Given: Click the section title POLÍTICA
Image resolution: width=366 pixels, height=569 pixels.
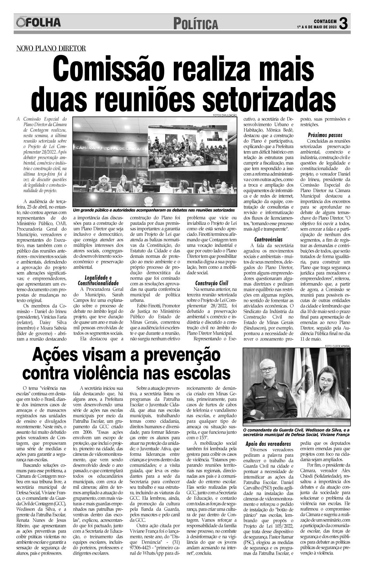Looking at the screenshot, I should pyautogui.click(x=196, y=24).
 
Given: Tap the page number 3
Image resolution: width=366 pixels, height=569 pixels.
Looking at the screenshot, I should pyautogui.click(x=343, y=23).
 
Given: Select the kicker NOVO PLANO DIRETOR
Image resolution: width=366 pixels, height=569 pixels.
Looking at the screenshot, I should pyautogui.click(x=51, y=49).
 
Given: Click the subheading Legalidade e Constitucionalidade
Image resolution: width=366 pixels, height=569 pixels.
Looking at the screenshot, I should pyautogui.click(x=98, y=280).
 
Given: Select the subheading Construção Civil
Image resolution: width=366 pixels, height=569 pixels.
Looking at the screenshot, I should pyautogui.click(x=210, y=283).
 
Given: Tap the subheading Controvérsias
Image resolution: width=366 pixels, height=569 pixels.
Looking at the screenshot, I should pyautogui.click(x=268, y=239).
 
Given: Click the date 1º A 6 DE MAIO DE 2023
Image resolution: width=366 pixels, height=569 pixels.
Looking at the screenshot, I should pyautogui.click(x=317, y=27).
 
